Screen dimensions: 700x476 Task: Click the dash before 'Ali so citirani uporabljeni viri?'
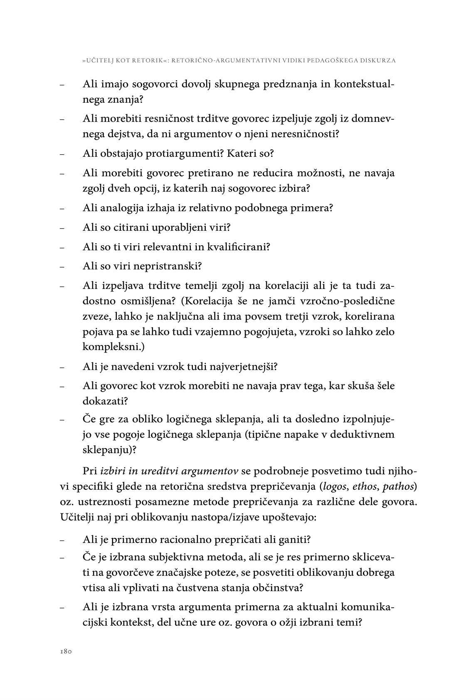pos(62,228)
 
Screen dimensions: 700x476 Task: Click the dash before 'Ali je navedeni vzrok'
pos(62,368)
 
